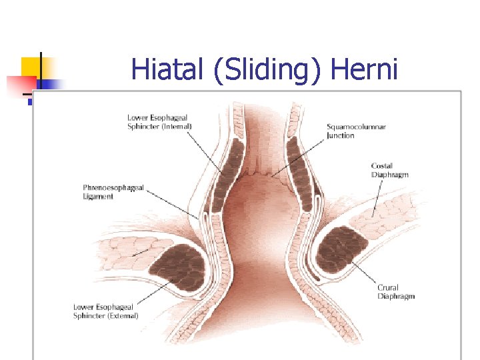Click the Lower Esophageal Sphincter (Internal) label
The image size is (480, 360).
160,122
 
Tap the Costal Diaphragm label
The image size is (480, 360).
389,170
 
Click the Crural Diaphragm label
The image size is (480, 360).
397,292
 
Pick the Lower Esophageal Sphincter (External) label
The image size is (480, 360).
106,311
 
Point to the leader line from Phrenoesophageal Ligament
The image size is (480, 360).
173,204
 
